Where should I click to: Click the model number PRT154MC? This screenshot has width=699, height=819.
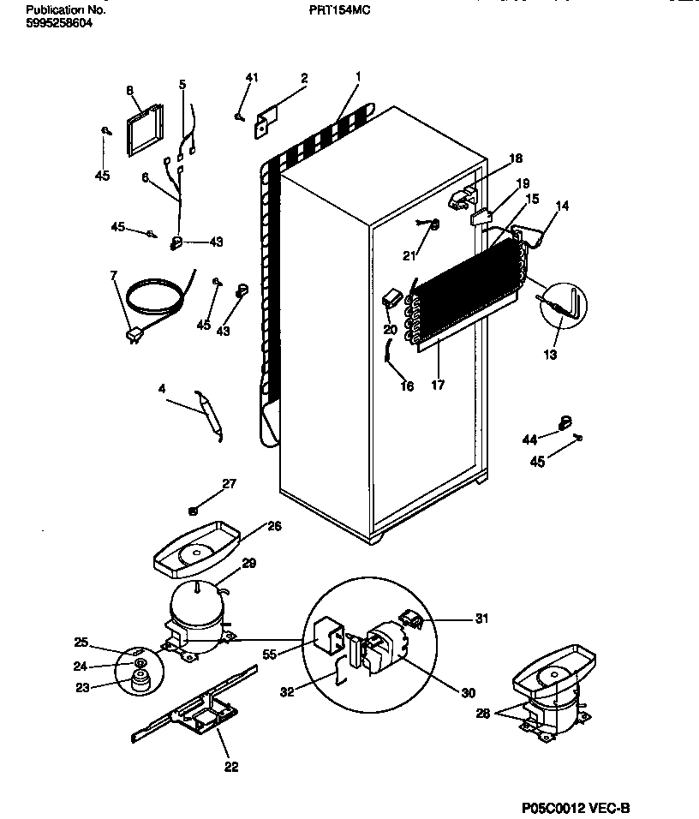[x=340, y=11]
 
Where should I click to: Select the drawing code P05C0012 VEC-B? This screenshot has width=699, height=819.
[x=575, y=807]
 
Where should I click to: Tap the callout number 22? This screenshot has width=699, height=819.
[x=231, y=767]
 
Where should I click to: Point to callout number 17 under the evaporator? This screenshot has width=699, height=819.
[x=437, y=386]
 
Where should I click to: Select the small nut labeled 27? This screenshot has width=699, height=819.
[x=194, y=510]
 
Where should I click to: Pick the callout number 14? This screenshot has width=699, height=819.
[x=562, y=206]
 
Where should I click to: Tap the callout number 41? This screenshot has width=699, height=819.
[x=251, y=79]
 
